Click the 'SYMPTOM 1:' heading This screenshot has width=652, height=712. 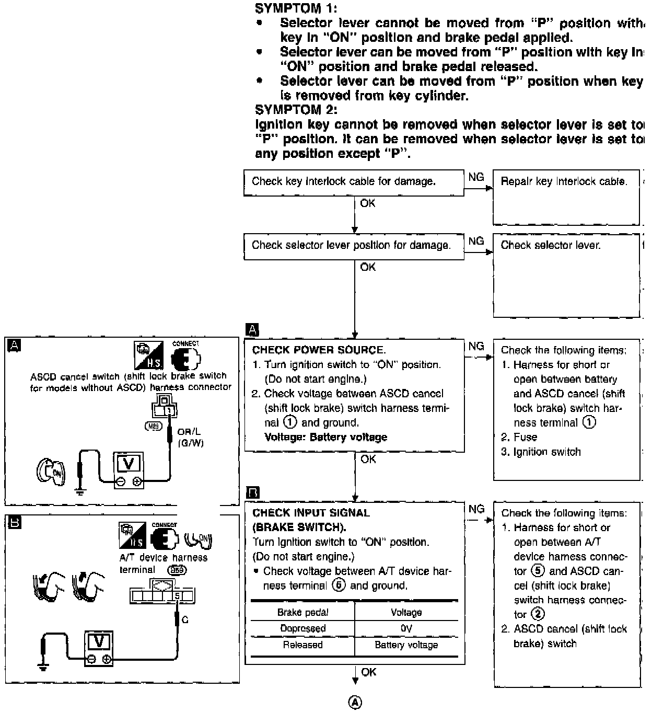296,8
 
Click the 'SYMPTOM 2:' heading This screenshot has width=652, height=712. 296,110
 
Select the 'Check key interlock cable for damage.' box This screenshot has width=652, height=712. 353,182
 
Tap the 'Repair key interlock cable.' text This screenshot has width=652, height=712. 563,181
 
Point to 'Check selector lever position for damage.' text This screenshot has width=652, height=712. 351,245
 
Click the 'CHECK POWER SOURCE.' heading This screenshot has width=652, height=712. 319,350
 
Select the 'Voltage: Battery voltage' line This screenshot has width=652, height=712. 325,437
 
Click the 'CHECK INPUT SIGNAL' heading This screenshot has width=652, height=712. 311,513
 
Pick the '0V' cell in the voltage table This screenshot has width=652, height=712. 406,628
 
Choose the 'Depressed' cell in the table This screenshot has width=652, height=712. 302,628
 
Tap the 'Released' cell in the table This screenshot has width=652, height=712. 302,645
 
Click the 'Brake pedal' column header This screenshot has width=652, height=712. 302,612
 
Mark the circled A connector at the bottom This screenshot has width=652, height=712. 355,702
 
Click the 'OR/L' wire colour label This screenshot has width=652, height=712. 189,432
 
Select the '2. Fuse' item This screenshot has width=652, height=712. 519,437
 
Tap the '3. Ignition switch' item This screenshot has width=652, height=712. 541,452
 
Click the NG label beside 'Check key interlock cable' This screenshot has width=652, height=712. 476,177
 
